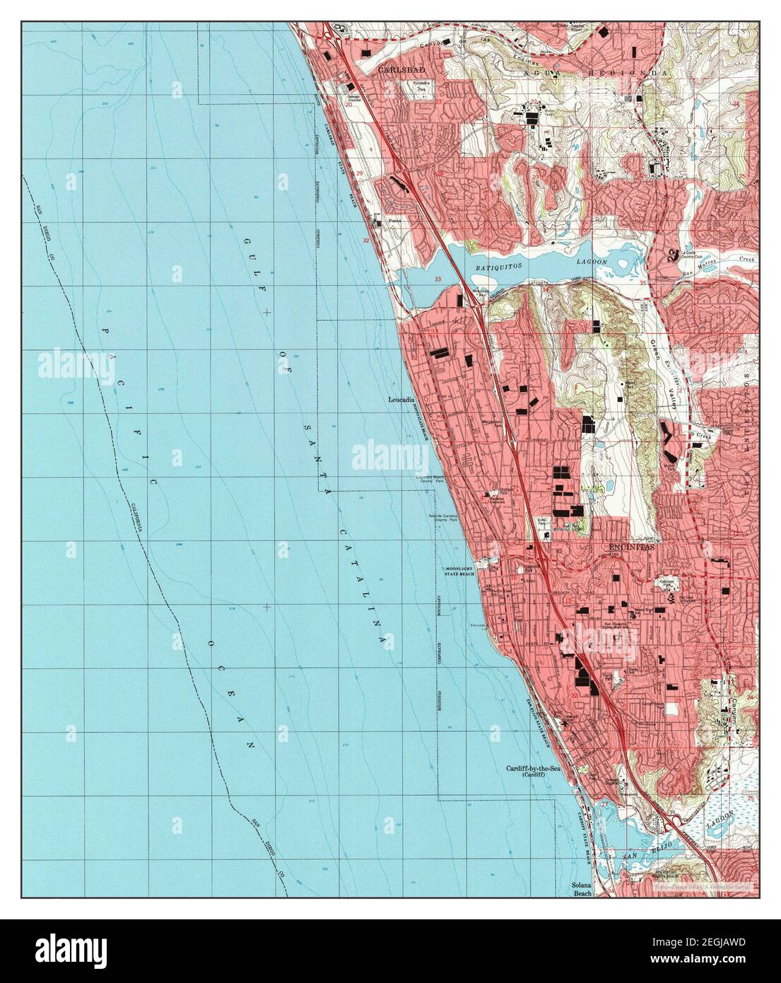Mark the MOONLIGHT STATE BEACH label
[x=462, y=572]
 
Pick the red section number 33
[x=438, y=280]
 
